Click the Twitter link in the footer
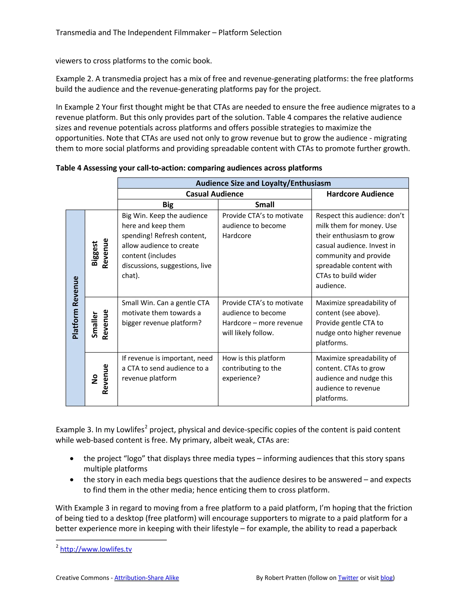(348, 578)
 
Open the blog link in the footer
(386, 578)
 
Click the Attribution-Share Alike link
(146, 578)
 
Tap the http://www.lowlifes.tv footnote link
(96, 549)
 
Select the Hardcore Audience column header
(360, 194)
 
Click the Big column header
(168, 205)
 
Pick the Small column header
(264, 205)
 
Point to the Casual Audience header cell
(214, 194)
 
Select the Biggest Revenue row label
(100, 253)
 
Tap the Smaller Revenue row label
(100, 324)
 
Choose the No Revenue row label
(100, 379)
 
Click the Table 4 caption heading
(189, 168)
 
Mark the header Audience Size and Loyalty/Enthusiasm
(263, 183)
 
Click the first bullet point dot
(72, 458)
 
